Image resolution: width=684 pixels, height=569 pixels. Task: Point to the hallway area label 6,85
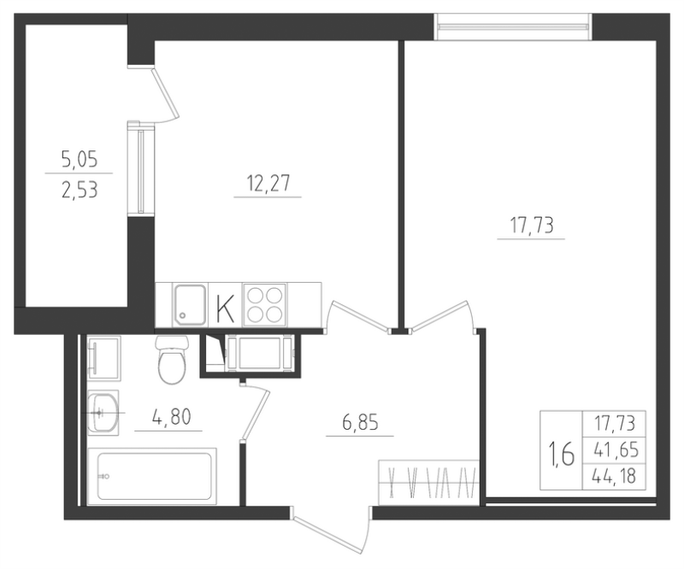point(359,422)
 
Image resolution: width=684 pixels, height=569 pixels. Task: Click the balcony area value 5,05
point(79,158)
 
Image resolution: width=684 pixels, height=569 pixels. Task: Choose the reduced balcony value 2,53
point(79,189)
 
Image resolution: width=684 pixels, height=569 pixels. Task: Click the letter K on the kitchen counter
point(225,306)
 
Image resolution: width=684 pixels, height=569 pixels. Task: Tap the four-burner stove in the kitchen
point(265,304)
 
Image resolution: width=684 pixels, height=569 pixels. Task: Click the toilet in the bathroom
point(172,360)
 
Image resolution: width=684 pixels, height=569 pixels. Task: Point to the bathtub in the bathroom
point(153,475)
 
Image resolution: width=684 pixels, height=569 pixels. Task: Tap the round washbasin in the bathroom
point(104,414)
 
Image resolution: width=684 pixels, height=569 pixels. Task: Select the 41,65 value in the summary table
point(614,449)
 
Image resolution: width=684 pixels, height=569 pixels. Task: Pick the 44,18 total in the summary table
point(614,475)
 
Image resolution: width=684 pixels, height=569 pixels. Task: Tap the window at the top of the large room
point(513,26)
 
